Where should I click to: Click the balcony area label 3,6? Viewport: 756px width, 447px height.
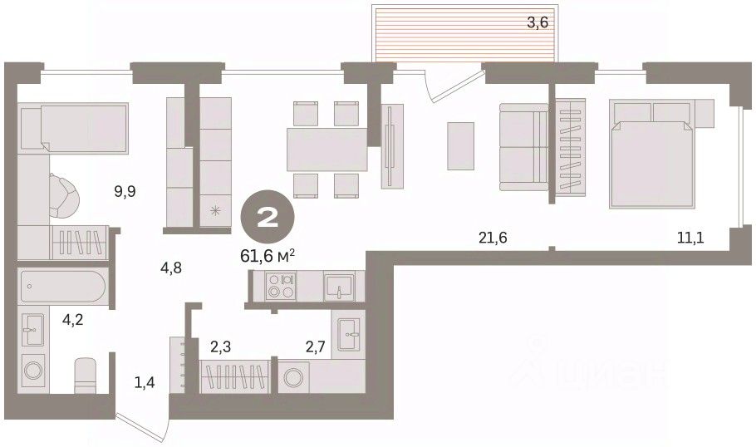click(x=538, y=22)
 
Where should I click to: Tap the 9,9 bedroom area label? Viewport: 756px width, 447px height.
click(x=125, y=192)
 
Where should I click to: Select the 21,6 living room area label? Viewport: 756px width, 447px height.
click(x=493, y=238)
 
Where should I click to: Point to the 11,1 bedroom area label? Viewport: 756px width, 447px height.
click(x=690, y=238)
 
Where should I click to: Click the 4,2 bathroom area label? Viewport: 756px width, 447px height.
click(x=73, y=319)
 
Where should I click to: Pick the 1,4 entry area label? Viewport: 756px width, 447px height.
click(x=145, y=383)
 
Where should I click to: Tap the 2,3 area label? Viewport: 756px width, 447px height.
click(x=220, y=346)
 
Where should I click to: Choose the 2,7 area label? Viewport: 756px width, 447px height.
click(x=316, y=346)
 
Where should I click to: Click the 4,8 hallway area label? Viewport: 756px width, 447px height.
click(x=171, y=268)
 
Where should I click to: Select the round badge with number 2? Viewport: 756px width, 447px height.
click(x=268, y=218)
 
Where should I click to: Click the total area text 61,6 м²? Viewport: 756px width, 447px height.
click(x=268, y=256)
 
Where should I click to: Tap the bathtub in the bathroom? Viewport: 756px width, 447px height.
click(x=62, y=287)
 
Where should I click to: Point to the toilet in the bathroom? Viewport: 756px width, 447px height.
click(x=86, y=375)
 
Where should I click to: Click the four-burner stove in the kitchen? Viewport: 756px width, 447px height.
click(x=281, y=286)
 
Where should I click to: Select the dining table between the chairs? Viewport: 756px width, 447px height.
click(x=327, y=149)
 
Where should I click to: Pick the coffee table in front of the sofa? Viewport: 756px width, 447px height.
click(x=460, y=145)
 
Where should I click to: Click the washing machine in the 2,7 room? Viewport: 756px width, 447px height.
click(x=293, y=377)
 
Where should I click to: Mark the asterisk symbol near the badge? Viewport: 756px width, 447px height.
click(x=215, y=209)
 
